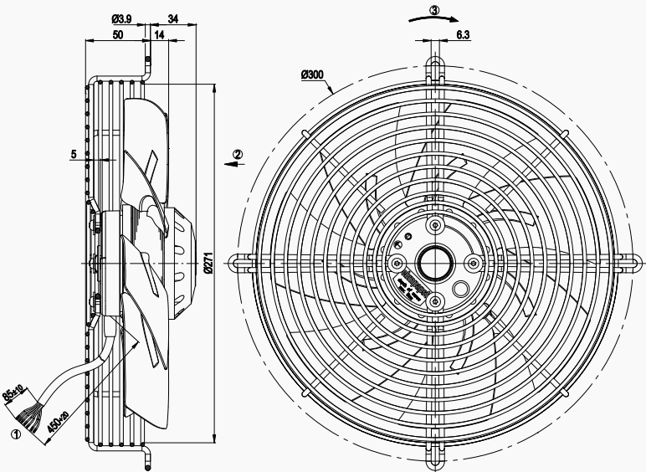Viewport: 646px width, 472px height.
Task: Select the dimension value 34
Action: pos(172,18)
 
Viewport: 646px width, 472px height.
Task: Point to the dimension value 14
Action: pos(159,36)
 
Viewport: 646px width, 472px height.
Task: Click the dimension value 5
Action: pos(74,154)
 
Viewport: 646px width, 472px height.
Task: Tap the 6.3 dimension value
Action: pos(463,34)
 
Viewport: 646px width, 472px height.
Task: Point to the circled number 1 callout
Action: pos(14,434)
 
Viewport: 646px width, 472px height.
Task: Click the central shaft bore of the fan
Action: pos(433,263)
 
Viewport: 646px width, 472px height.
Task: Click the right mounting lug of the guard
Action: pos(626,263)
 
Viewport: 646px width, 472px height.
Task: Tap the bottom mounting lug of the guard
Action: pos(434,457)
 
